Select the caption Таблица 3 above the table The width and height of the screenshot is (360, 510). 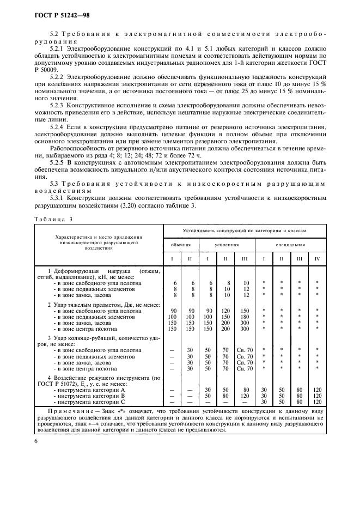(53, 219)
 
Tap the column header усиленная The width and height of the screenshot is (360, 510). (228, 244)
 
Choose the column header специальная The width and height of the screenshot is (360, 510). (290, 244)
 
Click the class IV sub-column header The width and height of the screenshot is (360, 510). (317, 258)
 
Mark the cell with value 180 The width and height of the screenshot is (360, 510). (246, 317)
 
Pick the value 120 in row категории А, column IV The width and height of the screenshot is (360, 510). (317, 390)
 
